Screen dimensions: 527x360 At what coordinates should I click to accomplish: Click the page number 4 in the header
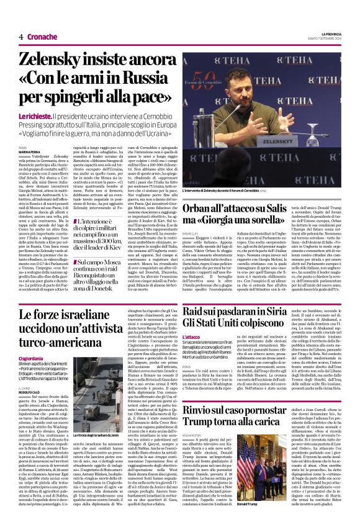click(20, 37)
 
